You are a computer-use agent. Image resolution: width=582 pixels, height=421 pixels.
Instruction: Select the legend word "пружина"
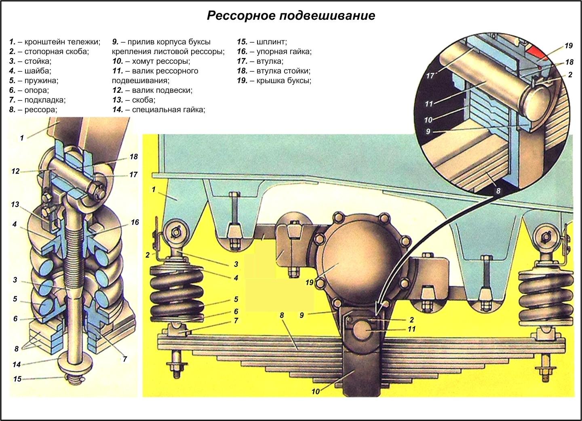41,80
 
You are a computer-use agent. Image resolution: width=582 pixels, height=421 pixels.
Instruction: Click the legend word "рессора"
40,109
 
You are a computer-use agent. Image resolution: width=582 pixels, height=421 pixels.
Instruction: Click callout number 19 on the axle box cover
310,283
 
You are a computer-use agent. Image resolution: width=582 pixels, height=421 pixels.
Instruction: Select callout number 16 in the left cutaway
135,222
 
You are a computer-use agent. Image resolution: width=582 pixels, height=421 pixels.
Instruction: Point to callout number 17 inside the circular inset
430,75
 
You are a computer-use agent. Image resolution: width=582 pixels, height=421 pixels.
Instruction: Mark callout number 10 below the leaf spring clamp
316,391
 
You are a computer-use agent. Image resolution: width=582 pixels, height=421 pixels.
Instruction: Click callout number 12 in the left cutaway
15,171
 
